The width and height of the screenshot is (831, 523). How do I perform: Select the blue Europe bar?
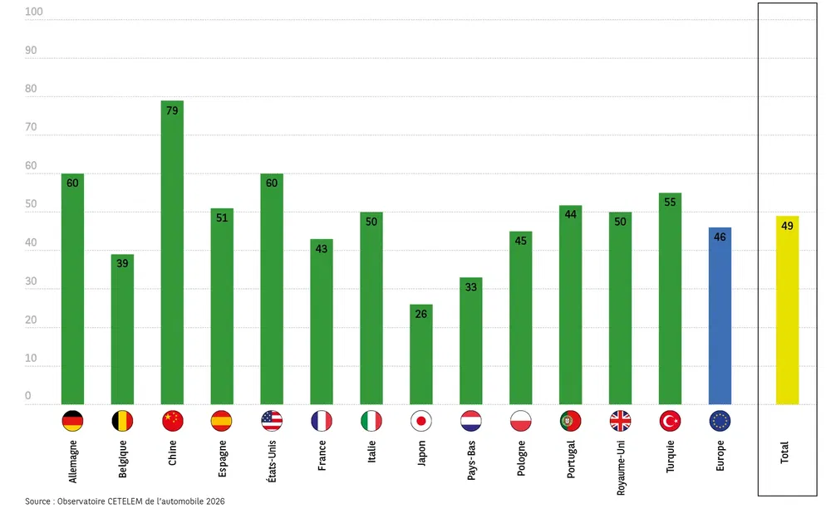720,315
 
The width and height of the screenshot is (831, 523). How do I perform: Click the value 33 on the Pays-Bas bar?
471,287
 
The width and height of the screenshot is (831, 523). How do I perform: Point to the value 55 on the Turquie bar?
670,203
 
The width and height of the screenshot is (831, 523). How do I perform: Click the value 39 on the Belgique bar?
122,264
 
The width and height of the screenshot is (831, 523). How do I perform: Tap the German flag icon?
72,421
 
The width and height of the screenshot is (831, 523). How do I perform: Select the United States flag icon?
272,421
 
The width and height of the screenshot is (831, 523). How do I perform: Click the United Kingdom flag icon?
620,421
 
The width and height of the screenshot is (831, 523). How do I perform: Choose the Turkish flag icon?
670,421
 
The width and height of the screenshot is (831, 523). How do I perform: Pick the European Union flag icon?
720,421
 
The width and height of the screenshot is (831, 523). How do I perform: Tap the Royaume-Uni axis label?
621,467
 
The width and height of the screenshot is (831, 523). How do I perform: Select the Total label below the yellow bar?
785,452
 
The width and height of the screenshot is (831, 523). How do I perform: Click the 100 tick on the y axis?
34,12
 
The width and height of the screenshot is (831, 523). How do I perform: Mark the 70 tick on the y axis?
32,128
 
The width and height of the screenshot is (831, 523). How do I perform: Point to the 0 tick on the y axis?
28,397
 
